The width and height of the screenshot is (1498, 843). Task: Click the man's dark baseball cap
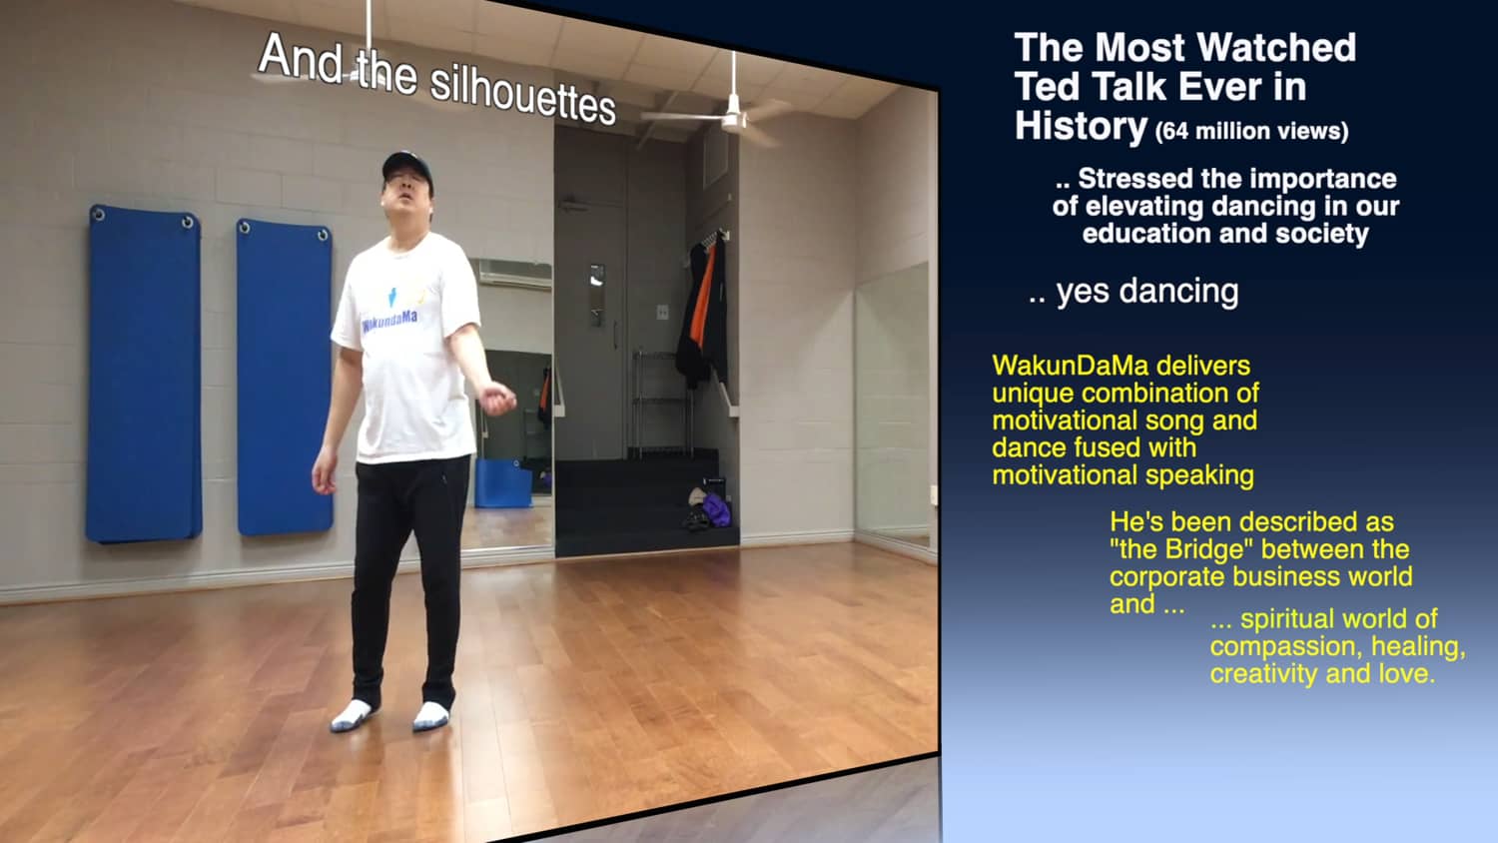406,167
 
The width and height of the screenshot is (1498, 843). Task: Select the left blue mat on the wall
143,374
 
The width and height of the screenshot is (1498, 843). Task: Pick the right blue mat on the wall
284,377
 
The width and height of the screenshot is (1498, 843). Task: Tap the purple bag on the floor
716,509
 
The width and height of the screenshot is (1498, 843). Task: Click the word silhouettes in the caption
522,96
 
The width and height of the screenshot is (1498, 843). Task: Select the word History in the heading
1081,125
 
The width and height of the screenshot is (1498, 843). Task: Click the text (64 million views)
1251,131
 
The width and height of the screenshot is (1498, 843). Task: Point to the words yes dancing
1146,291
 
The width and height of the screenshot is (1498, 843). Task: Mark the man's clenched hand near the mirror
498,399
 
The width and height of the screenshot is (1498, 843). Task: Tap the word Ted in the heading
1048,86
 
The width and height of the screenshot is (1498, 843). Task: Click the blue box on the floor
503,483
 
